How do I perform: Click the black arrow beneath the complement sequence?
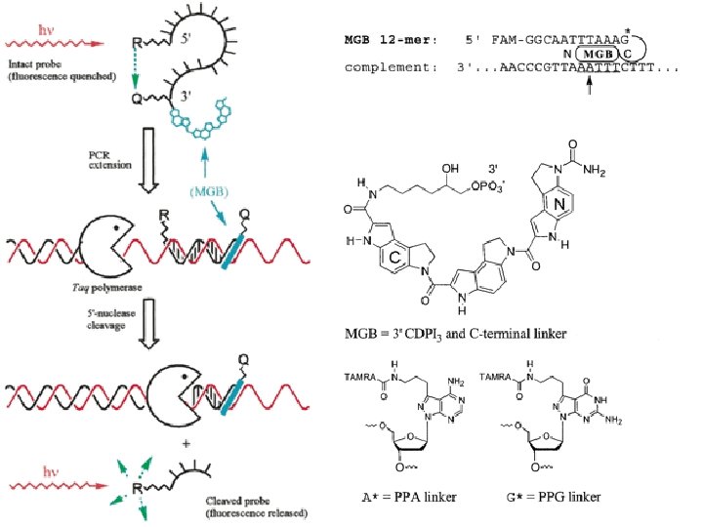(591, 90)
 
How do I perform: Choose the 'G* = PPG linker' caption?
(559, 497)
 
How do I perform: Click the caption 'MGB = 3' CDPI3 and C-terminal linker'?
(456, 335)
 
